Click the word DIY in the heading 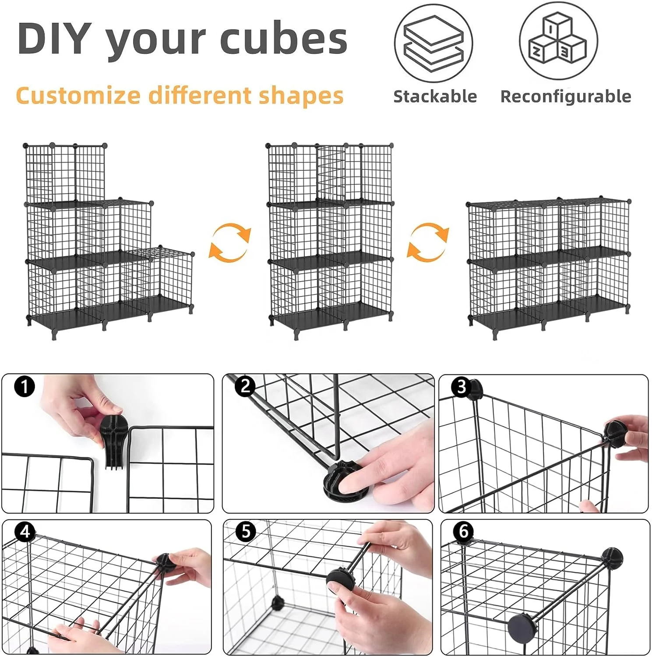click(x=55, y=38)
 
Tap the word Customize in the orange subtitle click(x=78, y=95)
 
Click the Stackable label click(x=435, y=96)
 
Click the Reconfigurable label click(x=566, y=97)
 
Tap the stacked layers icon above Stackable click(x=433, y=43)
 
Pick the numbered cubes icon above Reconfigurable click(x=558, y=41)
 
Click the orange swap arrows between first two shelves click(x=230, y=242)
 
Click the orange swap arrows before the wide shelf click(x=428, y=242)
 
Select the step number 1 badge click(x=25, y=387)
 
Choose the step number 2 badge click(x=245, y=386)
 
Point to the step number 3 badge click(x=461, y=387)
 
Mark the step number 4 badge click(x=25, y=531)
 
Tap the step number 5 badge click(x=246, y=531)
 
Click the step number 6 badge click(x=463, y=531)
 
